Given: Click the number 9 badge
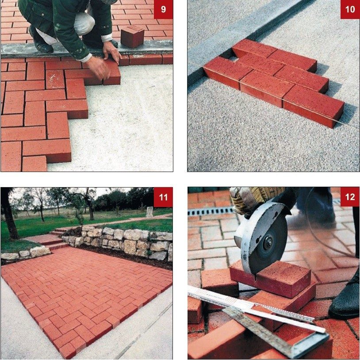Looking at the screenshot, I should (163, 9).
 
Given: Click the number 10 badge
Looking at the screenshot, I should (350, 9).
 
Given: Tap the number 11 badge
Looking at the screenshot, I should (163, 197).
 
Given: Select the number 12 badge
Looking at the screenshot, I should (350, 197).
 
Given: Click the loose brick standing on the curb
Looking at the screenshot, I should (132, 36).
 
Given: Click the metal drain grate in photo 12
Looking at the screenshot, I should (208, 211).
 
